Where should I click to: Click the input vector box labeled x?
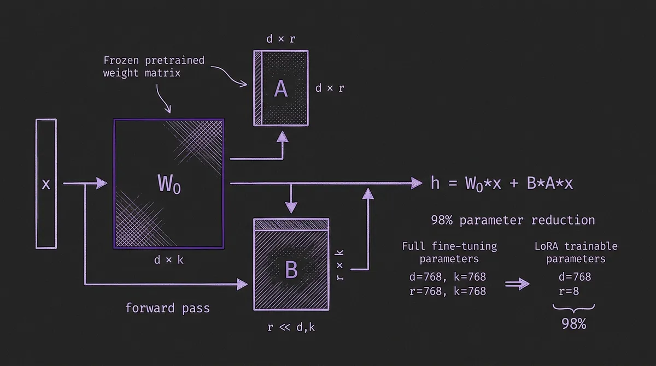click(x=46, y=184)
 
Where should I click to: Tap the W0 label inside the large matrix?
click(x=169, y=185)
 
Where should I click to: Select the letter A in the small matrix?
click(x=280, y=88)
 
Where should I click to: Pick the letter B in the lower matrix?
click(x=291, y=269)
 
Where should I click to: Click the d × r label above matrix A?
click(x=280, y=39)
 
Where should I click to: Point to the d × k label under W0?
click(x=169, y=260)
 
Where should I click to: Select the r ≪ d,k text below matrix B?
click(x=291, y=328)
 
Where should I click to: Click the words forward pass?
click(x=167, y=308)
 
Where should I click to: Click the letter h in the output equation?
click(x=435, y=183)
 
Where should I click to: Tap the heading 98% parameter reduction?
click(x=513, y=220)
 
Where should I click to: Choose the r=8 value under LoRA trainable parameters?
click(x=569, y=291)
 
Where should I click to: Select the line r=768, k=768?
click(x=447, y=291)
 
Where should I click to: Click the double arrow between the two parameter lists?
click(x=516, y=284)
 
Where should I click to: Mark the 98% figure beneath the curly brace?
click(x=573, y=323)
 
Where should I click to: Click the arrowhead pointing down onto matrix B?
click(x=291, y=208)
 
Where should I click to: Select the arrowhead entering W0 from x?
click(x=102, y=184)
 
